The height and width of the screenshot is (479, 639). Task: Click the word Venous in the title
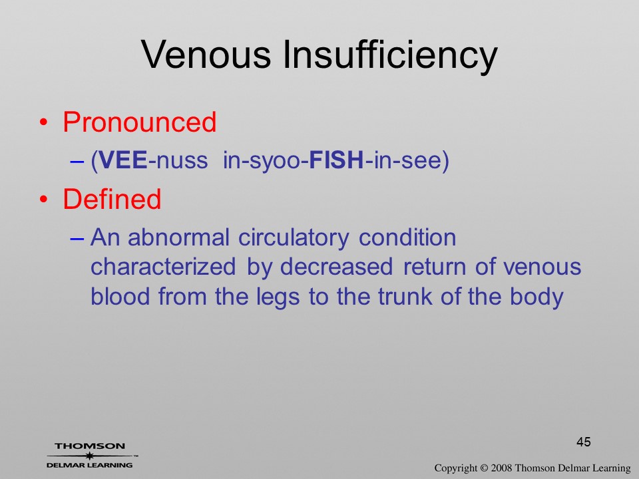[x=206, y=55]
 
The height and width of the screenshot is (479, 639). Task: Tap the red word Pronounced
[x=139, y=122]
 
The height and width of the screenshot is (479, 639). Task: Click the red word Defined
[x=112, y=199]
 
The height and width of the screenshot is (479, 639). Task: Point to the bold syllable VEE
[x=123, y=160]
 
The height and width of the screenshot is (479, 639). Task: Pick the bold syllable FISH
[x=337, y=160]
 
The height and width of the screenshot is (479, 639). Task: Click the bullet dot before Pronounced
[x=44, y=122]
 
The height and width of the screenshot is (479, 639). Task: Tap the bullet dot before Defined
[x=44, y=200]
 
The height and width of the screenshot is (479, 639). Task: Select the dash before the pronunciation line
[x=77, y=161]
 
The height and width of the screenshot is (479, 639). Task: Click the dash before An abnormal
[x=77, y=238]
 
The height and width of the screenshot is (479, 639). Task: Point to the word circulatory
[x=294, y=239]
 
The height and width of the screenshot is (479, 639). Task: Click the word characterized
[x=163, y=267]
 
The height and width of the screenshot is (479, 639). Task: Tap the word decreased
[x=337, y=267]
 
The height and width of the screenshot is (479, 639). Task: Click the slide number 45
[x=584, y=442]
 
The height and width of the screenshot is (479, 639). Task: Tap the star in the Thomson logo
[x=90, y=455]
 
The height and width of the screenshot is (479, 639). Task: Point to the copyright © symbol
[x=484, y=468]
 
